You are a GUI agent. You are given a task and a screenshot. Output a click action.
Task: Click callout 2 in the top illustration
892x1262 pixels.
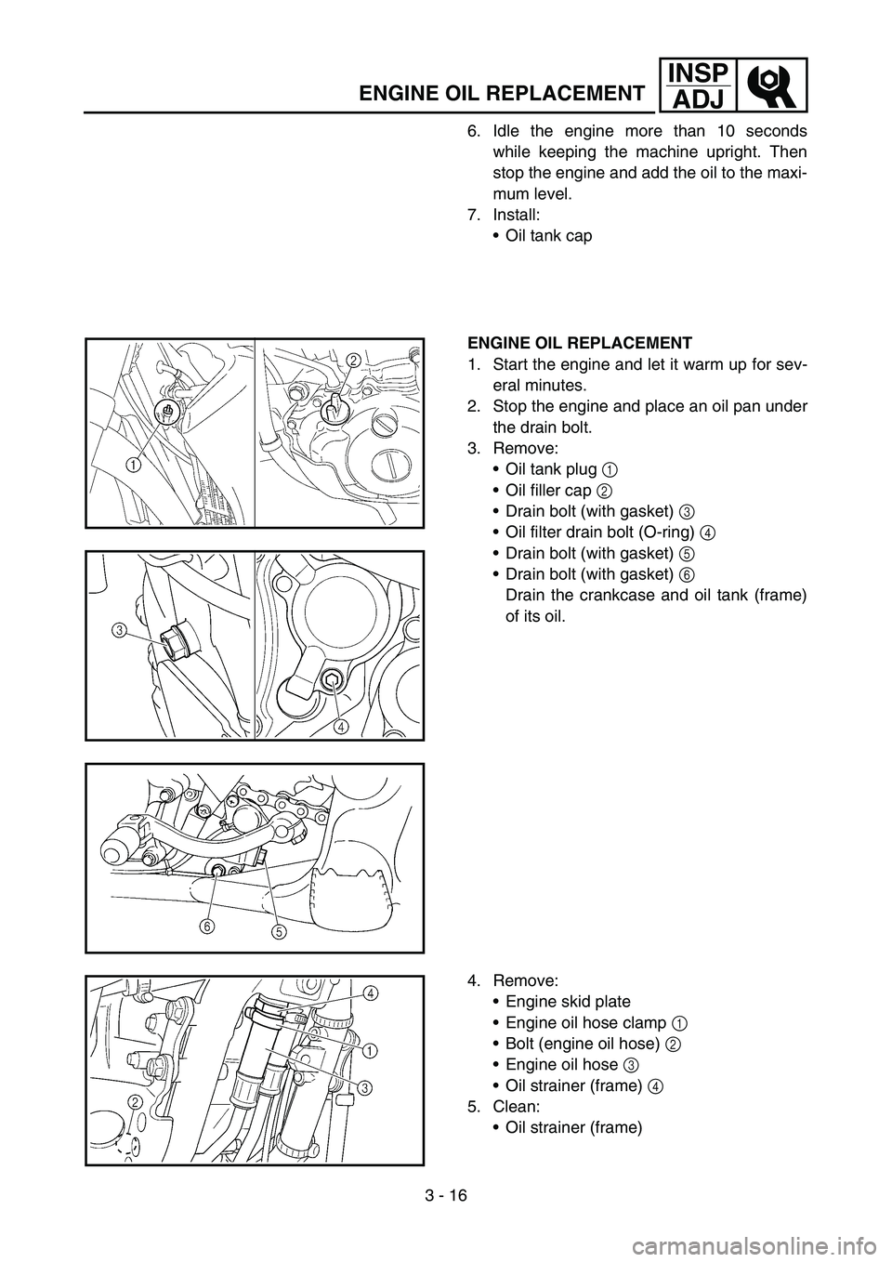354,360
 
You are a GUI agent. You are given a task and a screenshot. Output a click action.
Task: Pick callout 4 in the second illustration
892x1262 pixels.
343,726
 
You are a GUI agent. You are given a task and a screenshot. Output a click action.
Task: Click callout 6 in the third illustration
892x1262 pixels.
204,926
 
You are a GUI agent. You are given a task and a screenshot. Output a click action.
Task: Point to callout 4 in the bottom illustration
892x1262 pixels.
370,993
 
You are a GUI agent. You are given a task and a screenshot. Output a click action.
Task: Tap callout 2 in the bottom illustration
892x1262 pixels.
136,1101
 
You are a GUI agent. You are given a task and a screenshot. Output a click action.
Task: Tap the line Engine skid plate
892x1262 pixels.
568,1001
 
